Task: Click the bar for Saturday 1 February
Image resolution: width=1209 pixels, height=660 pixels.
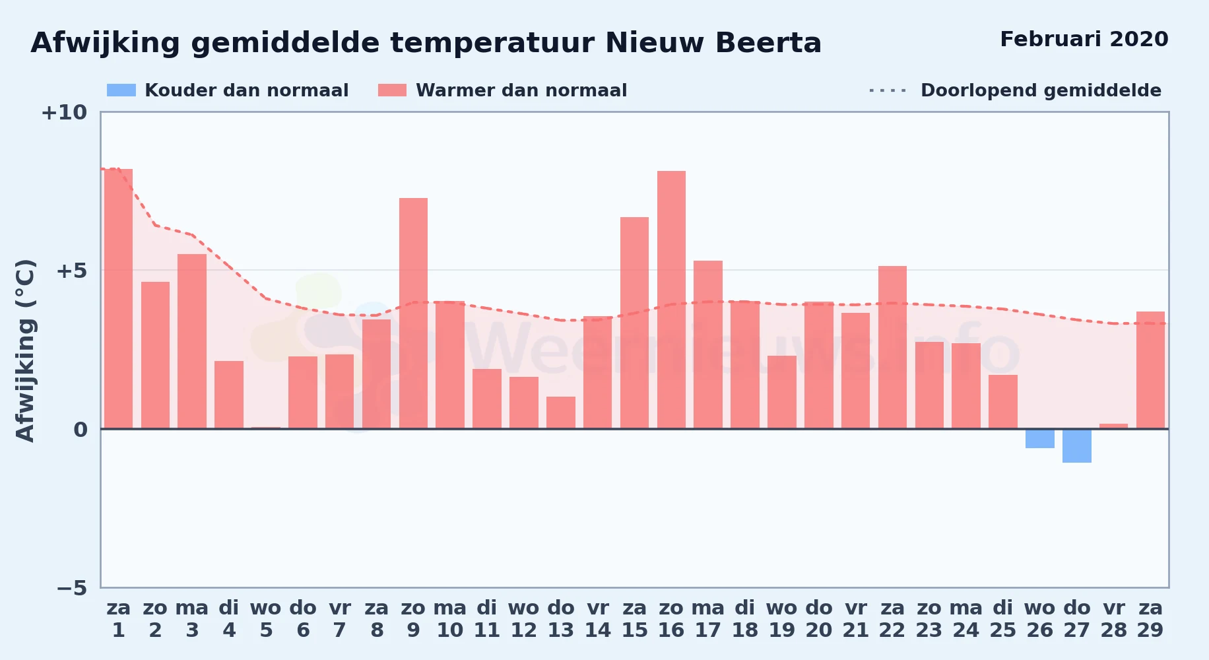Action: click(x=118, y=299)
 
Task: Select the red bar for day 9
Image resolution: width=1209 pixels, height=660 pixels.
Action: click(x=413, y=313)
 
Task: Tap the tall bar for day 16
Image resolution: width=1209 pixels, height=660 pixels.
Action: click(x=671, y=300)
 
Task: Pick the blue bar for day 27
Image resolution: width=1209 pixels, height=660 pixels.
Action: click(x=1076, y=445)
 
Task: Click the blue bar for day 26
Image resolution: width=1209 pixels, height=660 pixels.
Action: click(x=1039, y=438)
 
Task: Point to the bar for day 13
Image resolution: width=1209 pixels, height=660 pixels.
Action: click(x=561, y=412)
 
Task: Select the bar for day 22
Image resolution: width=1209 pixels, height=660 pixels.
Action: click(x=892, y=347)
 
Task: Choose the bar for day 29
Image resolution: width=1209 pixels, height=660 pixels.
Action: click(x=1150, y=370)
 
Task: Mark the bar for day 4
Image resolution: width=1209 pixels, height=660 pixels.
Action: click(x=229, y=395)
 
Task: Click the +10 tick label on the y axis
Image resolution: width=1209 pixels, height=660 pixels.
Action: click(x=64, y=113)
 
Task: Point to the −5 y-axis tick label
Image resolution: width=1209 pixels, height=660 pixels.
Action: click(x=71, y=588)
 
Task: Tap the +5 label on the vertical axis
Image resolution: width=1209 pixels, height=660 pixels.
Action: click(x=71, y=271)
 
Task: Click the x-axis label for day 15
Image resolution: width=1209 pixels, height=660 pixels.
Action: click(x=635, y=619)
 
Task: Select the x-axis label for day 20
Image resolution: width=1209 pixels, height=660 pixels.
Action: click(x=819, y=619)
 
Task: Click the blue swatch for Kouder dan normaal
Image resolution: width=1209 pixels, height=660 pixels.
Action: click(x=121, y=90)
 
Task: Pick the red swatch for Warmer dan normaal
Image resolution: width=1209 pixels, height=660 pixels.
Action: click(x=393, y=90)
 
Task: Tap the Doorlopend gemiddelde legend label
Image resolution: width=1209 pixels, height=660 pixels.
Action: click(x=1041, y=90)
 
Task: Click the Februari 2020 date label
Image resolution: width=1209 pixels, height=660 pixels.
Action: click(x=1084, y=39)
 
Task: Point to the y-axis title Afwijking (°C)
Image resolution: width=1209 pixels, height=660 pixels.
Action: click(x=25, y=350)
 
